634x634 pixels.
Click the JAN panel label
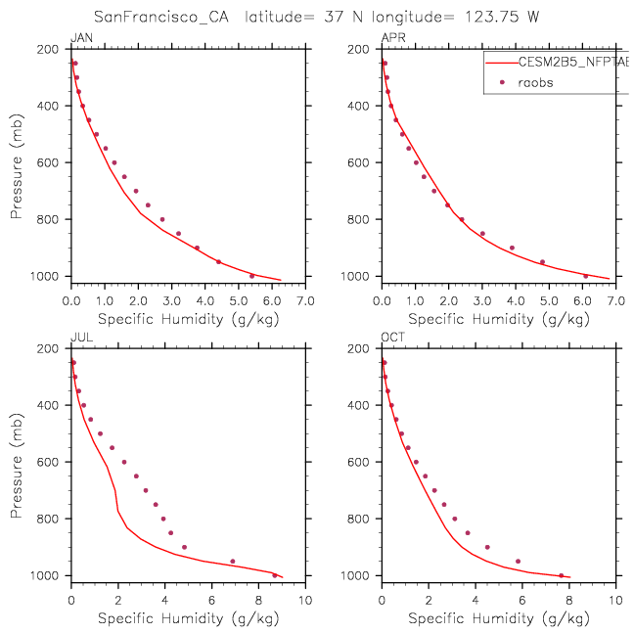pyautogui.click(x=79, y=38)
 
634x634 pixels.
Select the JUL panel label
pyautogui.click(x=78, y=338)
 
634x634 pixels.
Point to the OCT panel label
pyautogui.click(x=391, y=338)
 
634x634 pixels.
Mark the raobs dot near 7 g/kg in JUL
pyautogui.click(x=232, y=562)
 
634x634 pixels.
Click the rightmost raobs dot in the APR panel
pyautogui.click(x=585, y=276)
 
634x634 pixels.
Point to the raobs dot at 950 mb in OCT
pyautogui.click(x=518, y=562)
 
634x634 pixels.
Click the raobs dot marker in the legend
pyautogui.click(x=502, y=82)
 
